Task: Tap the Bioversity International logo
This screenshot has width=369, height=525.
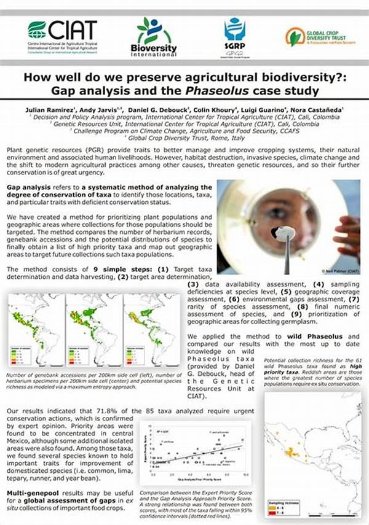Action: pyautogui.click(x=153, y=36)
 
